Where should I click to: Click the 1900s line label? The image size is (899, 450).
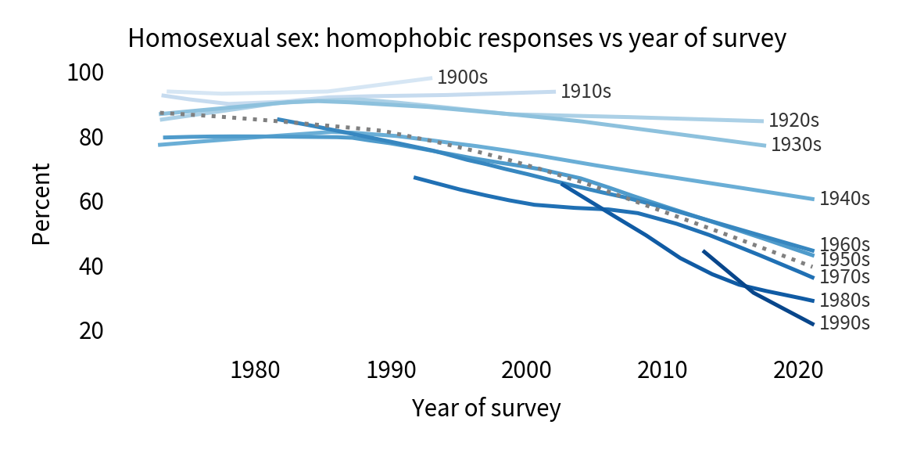463,77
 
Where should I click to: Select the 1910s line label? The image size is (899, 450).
586,91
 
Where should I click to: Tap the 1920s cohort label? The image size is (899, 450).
793,121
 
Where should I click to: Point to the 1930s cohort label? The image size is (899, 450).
797,145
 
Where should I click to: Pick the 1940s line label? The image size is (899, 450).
844,198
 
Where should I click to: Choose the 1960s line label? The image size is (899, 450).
844,244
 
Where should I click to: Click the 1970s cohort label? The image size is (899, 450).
844,276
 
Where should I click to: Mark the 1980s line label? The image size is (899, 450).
844,300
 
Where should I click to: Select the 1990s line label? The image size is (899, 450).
844,322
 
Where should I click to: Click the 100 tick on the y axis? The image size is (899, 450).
86,73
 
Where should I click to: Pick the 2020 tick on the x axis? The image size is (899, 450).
794,368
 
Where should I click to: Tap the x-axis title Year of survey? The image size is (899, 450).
486,408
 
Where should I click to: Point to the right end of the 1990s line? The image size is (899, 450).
814,324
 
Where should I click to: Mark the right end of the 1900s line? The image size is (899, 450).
432,77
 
